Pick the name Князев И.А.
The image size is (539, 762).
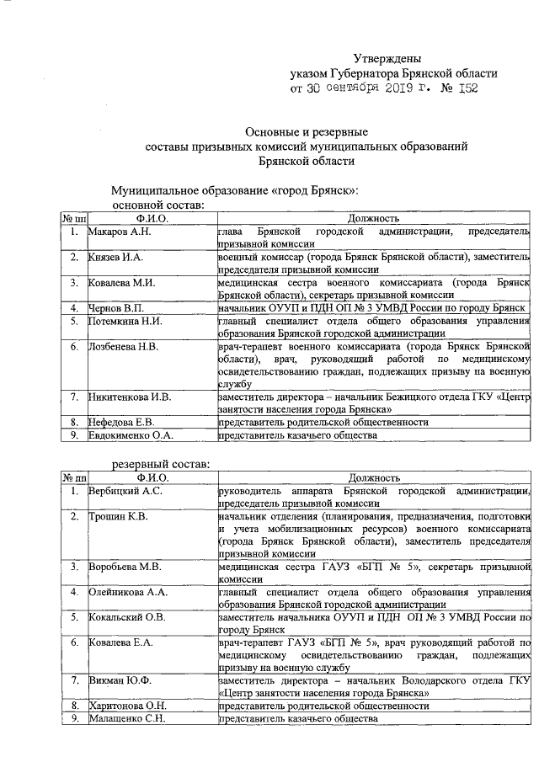(116, 257)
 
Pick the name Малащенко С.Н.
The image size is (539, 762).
(127, 718)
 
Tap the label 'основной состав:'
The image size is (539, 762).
(159, 205)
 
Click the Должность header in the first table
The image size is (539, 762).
(373, 219)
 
